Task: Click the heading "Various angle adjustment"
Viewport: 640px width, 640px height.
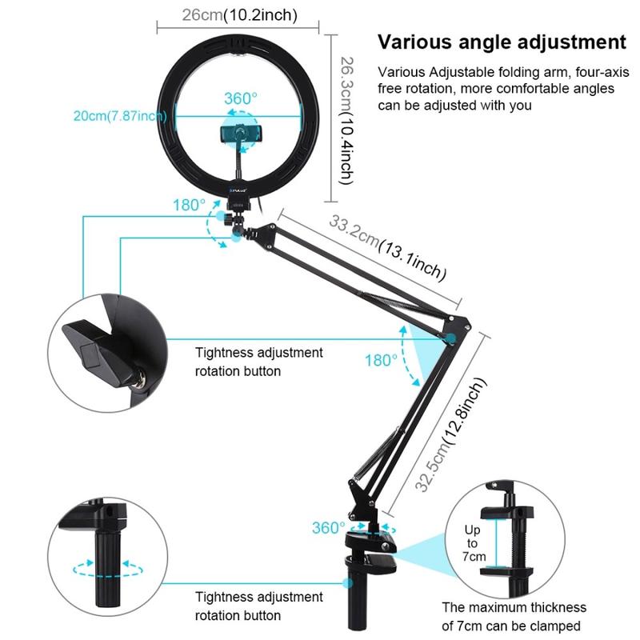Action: [x=502, y=42]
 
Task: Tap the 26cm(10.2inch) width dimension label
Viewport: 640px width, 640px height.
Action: [x=228, y=15]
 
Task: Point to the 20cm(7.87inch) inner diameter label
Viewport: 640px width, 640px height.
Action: [x=120, y=115]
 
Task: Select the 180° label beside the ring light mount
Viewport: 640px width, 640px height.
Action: [x=189, y=205]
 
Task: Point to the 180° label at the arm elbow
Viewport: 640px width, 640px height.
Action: [x=382, y=360]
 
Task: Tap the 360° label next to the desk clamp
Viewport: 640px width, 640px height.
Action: [x=328, y=528]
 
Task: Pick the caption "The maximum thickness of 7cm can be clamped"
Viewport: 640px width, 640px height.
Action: [x=514, y=617]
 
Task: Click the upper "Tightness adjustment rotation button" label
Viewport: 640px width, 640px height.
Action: [x=259, y=362]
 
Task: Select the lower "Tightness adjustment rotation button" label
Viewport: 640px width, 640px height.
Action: [x=259, y=606]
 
